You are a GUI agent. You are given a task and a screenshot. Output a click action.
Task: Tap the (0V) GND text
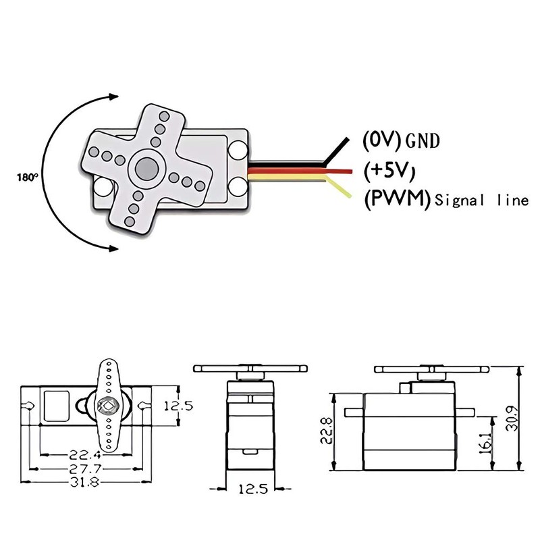(401, 140)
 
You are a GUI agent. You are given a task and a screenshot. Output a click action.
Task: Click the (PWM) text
(397, 200)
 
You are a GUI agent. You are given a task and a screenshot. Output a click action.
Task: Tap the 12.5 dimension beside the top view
(179, 406)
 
